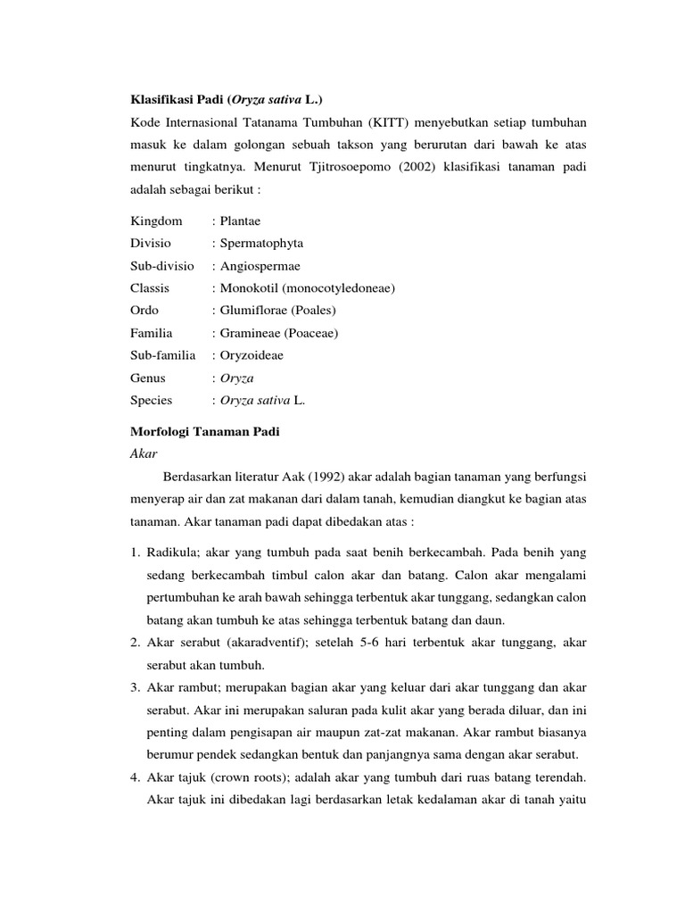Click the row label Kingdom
tap(156, 220)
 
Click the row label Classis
tap(150, 288)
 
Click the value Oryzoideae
tap(252, 355)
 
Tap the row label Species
tap(152, 401)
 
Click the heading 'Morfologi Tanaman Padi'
tap(205, 432)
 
